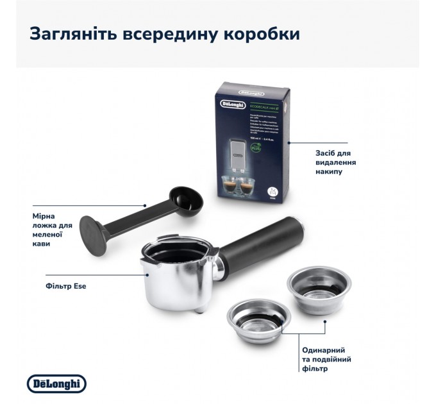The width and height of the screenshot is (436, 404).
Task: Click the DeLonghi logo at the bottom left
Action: point(56,383)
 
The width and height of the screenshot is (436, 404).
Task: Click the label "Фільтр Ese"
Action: point(67,286)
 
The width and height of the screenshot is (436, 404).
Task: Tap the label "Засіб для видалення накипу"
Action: point(336,164)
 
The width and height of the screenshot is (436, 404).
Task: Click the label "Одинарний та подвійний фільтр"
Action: point(324,359)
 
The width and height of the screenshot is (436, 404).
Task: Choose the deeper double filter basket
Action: point(311,283)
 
